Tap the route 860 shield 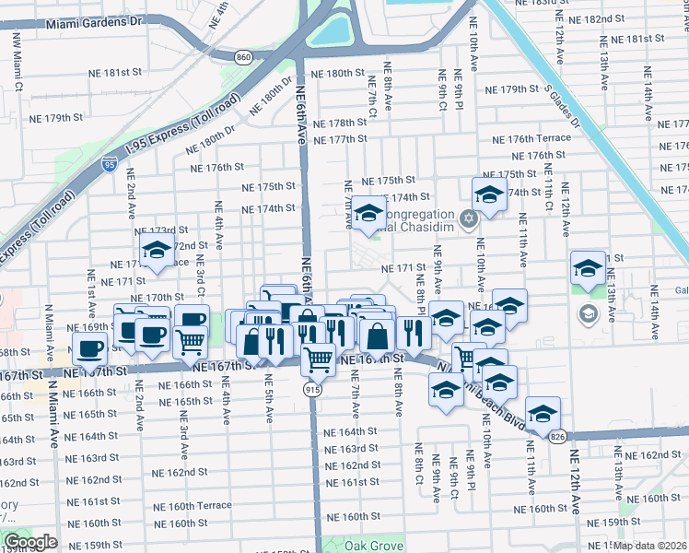coord(243,57)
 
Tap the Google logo coord(30,542)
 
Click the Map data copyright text coord(650,546)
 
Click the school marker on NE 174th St coord(488,194)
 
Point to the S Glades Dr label coord(563,103)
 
